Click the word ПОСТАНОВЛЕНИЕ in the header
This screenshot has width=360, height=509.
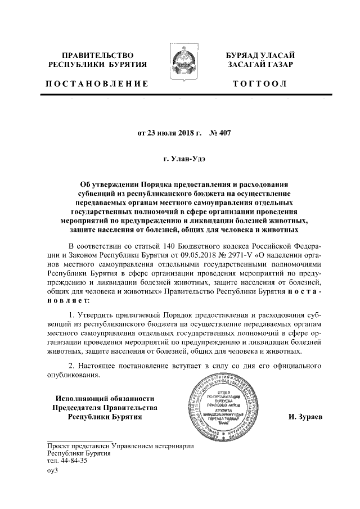tap(96, 84)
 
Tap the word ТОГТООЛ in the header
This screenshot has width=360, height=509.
tap(260, 84)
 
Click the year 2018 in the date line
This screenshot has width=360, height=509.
tap(177, 134)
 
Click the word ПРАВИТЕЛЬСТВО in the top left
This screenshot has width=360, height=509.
tap(97, 56)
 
